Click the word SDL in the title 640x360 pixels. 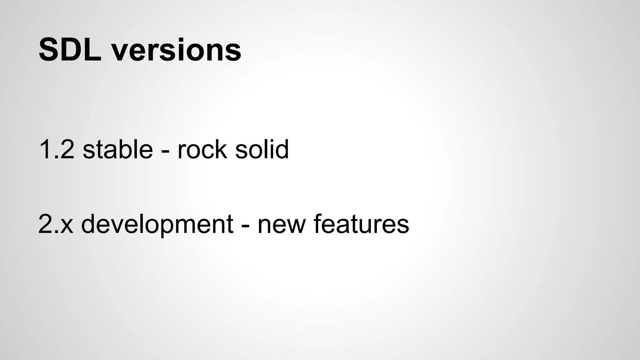[x=70, y=50]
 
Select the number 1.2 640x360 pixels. [x=57, y=149]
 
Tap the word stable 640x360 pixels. [x=118, y=149]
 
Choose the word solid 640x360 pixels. [x=262, y=149]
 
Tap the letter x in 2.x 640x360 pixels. [x=67, y=226]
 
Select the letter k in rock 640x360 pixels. [x=221, y=149]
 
